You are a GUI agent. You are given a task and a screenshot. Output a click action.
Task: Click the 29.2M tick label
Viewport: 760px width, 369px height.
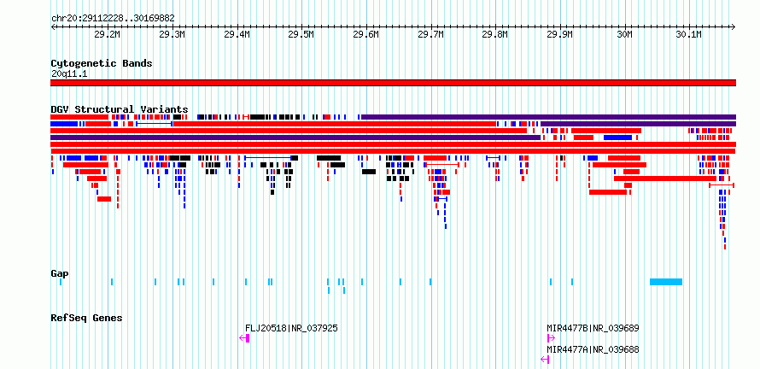tap(107, 34)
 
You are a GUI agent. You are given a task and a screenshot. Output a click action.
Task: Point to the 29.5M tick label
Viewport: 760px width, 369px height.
tap(301, 34)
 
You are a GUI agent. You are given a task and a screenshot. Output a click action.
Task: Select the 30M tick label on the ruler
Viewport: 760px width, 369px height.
tap(625, 34)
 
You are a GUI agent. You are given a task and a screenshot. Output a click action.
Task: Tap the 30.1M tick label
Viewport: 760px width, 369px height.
tap(689, 34)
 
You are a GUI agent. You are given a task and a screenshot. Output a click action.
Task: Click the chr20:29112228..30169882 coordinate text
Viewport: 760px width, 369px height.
tap(113, 18)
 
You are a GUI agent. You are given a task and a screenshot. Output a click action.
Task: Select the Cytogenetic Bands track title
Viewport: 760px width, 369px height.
tap(102, 63)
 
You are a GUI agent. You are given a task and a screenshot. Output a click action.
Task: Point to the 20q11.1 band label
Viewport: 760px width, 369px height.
tap(70, 74)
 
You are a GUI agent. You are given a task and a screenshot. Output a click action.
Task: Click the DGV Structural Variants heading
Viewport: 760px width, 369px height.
tap(120, 109)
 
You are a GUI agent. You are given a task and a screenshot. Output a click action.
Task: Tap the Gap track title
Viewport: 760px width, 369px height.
tap(60, 273)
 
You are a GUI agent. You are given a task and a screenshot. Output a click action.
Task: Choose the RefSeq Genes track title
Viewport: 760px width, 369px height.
tap(87, 318)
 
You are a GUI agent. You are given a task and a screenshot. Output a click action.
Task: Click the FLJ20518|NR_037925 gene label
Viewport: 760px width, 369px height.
tap(291, 328)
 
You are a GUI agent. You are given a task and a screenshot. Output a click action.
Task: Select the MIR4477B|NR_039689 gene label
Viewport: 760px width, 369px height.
tap(593, 328)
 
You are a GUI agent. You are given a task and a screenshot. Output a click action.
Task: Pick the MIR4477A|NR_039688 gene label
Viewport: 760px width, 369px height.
tap(593, 349)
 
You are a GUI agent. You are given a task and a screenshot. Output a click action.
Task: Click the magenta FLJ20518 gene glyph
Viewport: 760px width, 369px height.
tap(245, 338)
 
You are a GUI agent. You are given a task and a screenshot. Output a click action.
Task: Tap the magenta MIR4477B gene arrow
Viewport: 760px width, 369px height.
tap(551, 338)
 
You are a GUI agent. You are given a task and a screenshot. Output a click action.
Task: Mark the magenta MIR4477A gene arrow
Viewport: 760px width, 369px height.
tap(546, 360)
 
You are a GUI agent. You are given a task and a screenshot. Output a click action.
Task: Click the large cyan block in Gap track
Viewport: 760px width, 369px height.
tap(666, 282)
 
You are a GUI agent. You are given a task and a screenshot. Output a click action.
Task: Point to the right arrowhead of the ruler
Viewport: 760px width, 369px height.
tap(734, 26)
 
